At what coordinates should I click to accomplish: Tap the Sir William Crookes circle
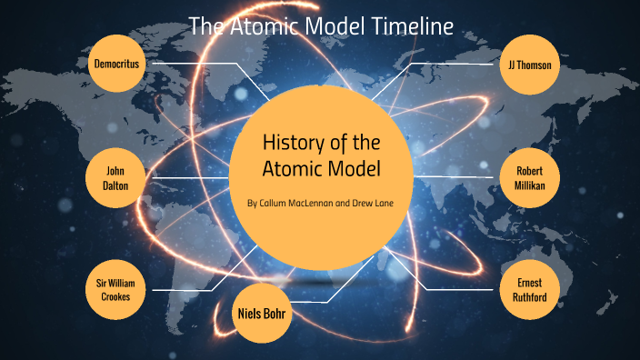pos(117,289)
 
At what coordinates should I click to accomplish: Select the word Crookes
pos(117,297)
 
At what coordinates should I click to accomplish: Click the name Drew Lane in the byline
pos(375,203)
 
